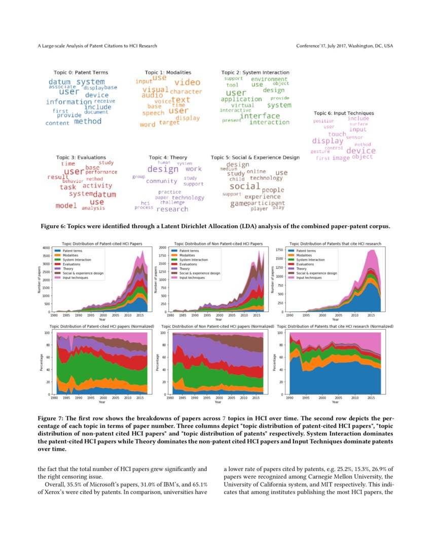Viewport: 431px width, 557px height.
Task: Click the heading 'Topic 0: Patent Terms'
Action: point(81,72)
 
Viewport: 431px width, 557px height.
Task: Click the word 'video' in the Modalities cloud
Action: point(187,82)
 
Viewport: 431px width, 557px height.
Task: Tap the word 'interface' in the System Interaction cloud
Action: point(260,115)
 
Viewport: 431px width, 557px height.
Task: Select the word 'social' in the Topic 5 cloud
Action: point(244,186)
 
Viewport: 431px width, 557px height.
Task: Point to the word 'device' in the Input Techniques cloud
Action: point(361,150)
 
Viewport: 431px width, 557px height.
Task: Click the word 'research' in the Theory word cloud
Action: point(172,209)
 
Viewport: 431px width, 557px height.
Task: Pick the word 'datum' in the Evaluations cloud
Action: point(104,194)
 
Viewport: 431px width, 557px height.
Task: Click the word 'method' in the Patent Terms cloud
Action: point(88,121)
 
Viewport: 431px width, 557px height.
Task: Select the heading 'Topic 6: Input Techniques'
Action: point(343,113)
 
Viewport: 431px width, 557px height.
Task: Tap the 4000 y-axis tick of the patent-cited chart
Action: point(46,248)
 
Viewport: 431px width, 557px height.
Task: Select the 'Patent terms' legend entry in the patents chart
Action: point(305,251)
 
